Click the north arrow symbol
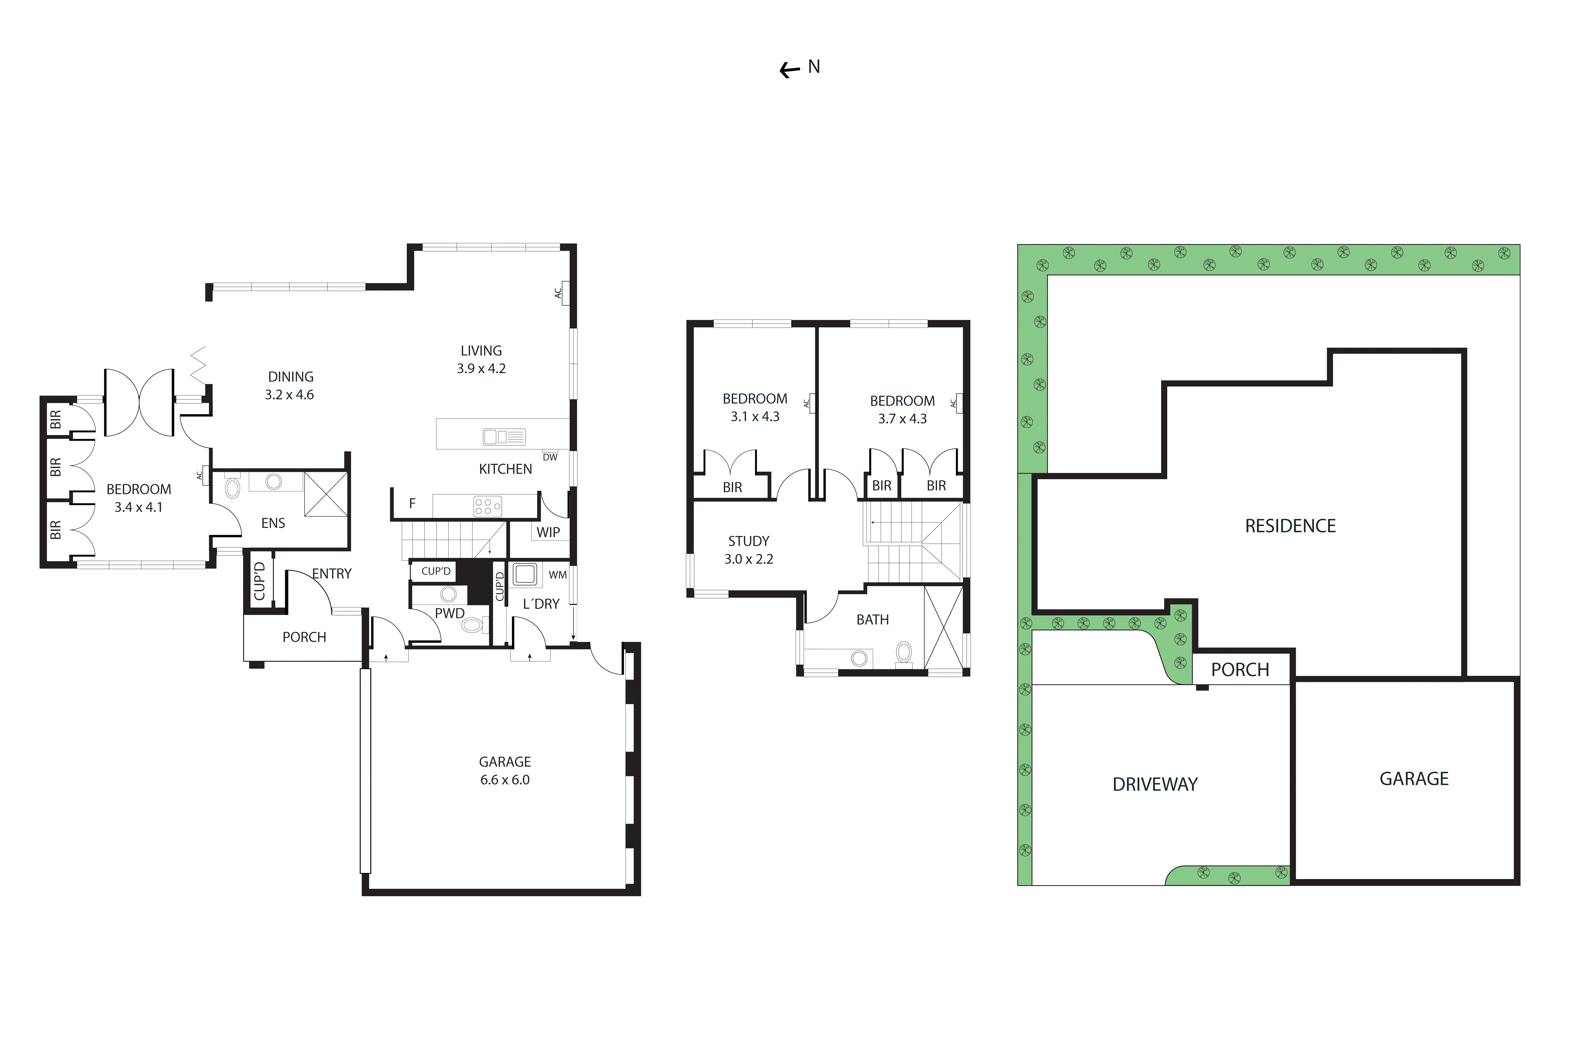pyautogui.click(x=789, y=69)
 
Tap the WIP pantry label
pyautogui.click(x=548, y=532)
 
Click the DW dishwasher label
pyautogui.click(x=550, y=457)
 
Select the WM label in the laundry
pyautogui.click(x=558, y=574)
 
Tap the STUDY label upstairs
pyautogui.click(x=748, y=541)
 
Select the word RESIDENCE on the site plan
pyautogui.click(x=1290, y=526)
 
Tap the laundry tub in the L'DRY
pyautogui.click(x=525, y=574)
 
